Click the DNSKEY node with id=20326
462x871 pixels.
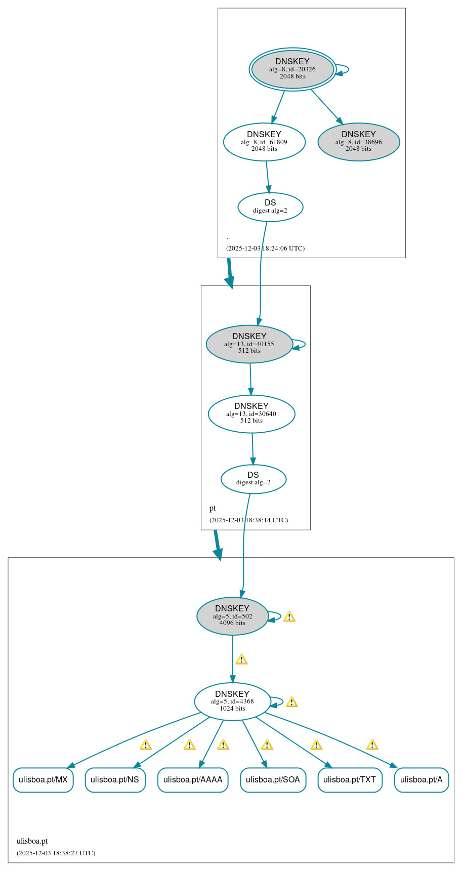point(292,69)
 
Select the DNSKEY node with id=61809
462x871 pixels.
point(264,142)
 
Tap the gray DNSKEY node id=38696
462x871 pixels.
point(359,142)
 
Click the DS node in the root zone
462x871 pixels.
point(270,207)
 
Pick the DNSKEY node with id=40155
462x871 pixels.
point(249,344)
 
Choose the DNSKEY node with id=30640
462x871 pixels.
point(251,414)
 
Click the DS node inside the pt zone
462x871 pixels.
point(254,479)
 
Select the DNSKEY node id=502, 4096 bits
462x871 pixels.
point(232,616)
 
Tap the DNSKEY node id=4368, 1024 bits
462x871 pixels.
point(232,702)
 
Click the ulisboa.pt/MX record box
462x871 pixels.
point(43,780)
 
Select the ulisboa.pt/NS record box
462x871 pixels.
point(115,780)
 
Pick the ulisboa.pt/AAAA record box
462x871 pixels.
point(193,780)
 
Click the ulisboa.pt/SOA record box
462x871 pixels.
point(273,780)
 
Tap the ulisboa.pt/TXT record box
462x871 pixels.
point(350,780)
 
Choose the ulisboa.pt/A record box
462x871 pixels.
point(421,780)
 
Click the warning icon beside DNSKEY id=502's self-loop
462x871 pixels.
point(289,616)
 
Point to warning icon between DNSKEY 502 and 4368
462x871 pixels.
point(241,659)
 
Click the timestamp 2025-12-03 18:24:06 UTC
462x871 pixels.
point(265,248)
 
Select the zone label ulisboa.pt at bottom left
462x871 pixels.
point(32,841)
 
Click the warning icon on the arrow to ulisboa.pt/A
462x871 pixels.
point(372,745)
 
